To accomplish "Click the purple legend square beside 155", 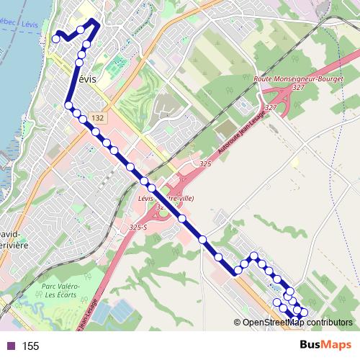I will [10, 346].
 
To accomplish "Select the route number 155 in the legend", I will [31, 346].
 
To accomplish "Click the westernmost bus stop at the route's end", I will [55, 39].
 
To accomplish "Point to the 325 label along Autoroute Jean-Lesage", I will [205, 165].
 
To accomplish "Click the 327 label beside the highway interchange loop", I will [271, 107].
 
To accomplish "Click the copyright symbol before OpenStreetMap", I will [238, 322].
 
